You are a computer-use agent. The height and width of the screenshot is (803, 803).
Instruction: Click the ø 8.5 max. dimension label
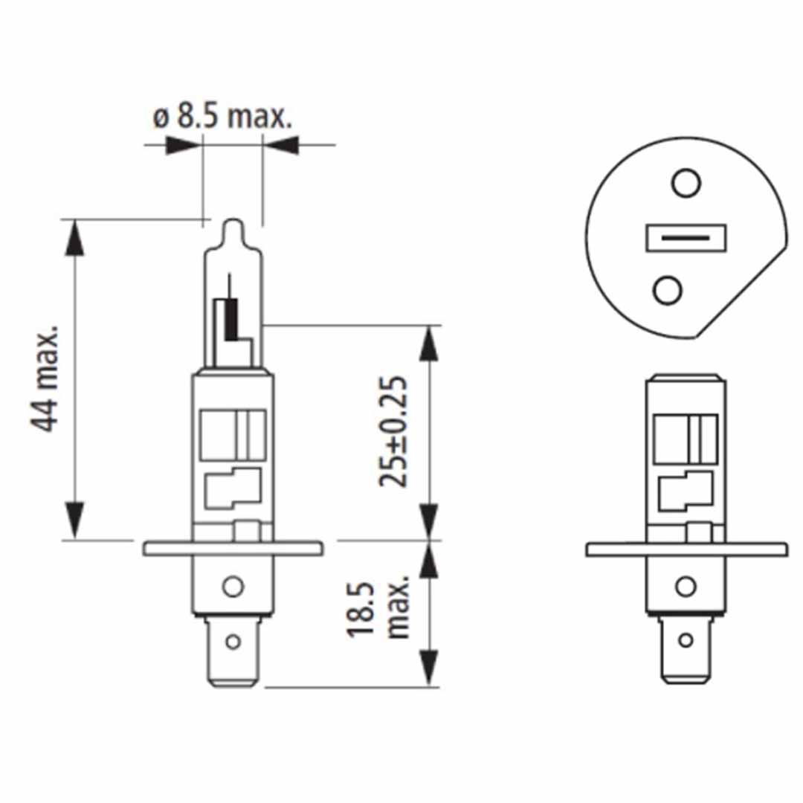tap(222, 117)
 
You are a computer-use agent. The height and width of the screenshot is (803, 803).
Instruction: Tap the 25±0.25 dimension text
tap(393, 432)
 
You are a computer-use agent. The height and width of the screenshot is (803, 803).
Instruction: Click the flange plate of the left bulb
tap(233, 549)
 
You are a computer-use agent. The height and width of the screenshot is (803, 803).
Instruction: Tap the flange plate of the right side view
tap(685, 549)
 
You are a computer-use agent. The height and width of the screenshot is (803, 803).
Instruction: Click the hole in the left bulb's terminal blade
tap(233, 640)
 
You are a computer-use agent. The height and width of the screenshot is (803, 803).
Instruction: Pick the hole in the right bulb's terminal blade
tap(686, 639)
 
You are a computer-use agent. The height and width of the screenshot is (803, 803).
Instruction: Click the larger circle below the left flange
tap(233, 587)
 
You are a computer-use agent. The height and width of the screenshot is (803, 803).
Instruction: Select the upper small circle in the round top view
tap(686, 181)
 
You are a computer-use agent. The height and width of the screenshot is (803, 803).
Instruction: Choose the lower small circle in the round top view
tap(667, 290)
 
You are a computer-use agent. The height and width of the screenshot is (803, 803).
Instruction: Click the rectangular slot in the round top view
tap(685, 238)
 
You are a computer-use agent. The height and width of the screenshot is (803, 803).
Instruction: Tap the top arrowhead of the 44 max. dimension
tap(74, 236)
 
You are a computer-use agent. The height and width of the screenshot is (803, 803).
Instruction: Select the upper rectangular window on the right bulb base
tap(685, 437)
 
